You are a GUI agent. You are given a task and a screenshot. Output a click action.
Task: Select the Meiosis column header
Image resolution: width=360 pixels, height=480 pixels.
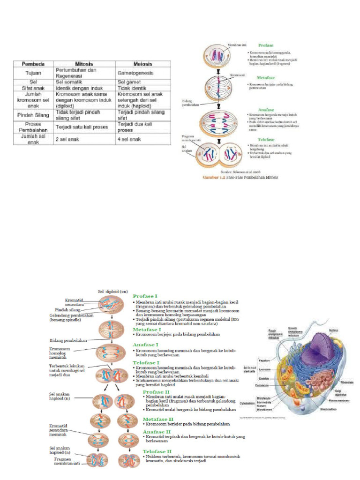click(x=142, y=64)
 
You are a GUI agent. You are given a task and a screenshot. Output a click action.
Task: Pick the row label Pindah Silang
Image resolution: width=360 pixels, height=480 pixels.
click(x=31, y=115)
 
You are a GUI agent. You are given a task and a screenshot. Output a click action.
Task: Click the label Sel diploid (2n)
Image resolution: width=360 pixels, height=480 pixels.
click(x=113, y=291)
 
